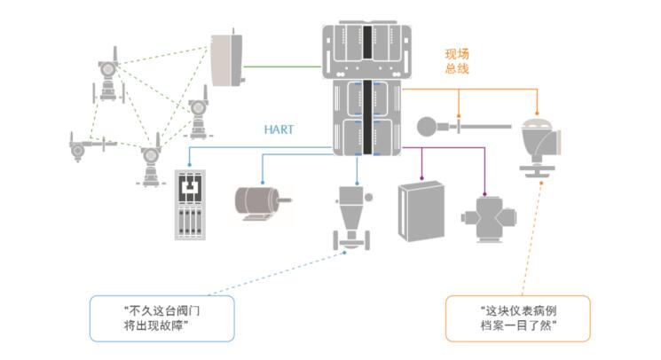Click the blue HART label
(x=279, y=129)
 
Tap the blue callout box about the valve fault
(x=161, y=317)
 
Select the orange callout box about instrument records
(x=518, y=317)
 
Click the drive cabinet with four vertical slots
(x=191, y=205)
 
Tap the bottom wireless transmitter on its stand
(x=150, y=163)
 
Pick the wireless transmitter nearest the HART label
(x=198, y=116)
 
